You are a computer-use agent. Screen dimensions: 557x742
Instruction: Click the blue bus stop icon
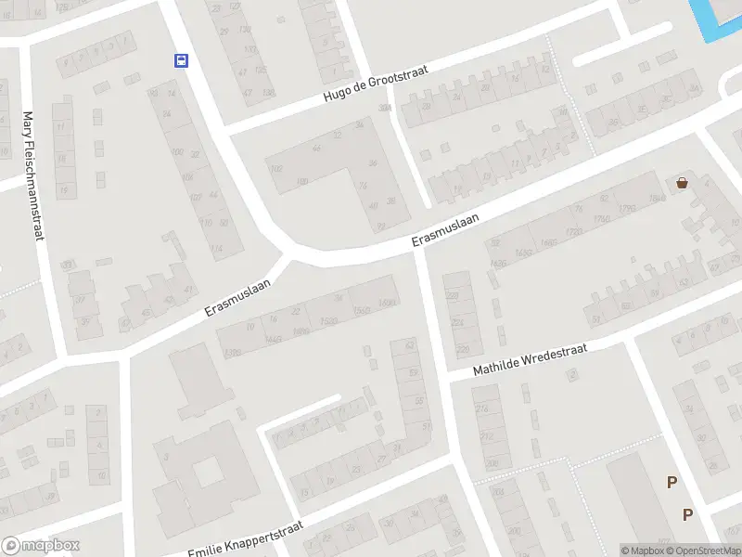coord(180,61)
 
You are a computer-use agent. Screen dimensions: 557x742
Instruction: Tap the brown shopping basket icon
coord(683,183)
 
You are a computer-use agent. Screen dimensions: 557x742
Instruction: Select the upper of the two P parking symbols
coord(672,481)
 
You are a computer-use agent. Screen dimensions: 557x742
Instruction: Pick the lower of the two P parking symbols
coord(687,514)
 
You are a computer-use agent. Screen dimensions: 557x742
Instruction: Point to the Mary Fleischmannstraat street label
coord(33,176)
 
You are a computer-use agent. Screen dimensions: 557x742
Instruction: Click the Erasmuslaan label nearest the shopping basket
coord(446,231)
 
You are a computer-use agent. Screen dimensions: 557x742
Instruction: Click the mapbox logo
coord(41,546)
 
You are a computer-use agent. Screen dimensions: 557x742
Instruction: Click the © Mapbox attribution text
coord(645,551)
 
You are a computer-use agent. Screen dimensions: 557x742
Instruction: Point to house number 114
coord(216,249)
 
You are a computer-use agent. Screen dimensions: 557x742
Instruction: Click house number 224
coord(456,322)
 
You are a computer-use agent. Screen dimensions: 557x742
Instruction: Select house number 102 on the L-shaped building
coord(275,168)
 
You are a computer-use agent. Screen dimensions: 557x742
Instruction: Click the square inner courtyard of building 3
coord(207,472)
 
